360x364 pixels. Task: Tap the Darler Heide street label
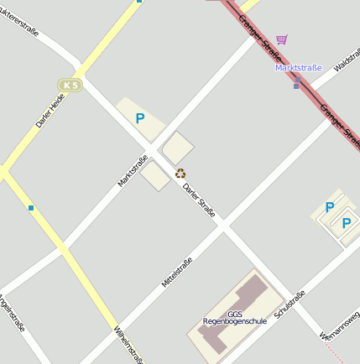pyautogui.click(x=50, y=111)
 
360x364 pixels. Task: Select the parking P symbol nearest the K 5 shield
pyautogui.click(x=140, y=119)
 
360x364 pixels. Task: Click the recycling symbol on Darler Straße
pyautogui.click(x=180, y=174)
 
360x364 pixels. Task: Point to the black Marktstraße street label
pyautogui.click(x=133, y=169)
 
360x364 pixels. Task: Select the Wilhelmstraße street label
pyautogui.click(x=128, y=345)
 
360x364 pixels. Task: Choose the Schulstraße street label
pyautogui.click(x=290, y=309)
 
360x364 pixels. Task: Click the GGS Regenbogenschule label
pyautogui.click(x=234, y=318)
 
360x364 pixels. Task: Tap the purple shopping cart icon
pyautogui.click(x=282, y=39)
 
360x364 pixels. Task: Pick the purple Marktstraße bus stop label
pyautogui.click(x=299, y=68)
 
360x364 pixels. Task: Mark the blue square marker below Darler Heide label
pyautogui.click(x=31, y=207)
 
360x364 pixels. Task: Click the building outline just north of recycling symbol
pyautogui.click(x=178, y=148)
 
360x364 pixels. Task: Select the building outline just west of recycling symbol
pyautogui.click(x=155, y=175)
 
